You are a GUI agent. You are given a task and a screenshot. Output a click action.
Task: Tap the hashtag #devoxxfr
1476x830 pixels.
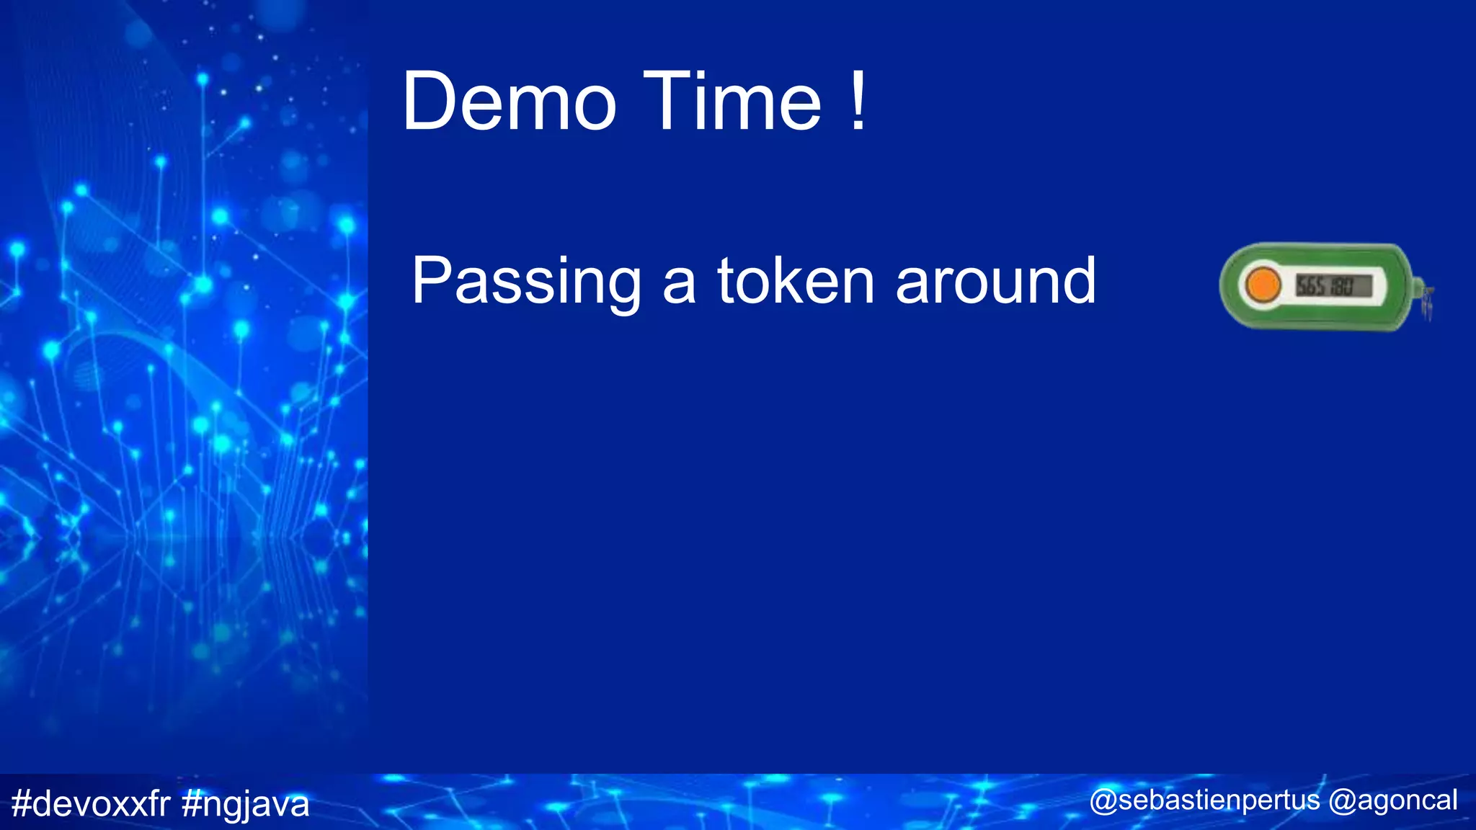coord(91,803)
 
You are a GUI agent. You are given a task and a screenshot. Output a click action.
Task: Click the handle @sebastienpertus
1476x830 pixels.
coord(1205,801)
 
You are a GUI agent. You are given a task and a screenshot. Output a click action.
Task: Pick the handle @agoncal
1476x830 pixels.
coord(1393,801)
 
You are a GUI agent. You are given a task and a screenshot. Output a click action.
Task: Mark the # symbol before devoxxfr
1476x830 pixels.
coord(22,803)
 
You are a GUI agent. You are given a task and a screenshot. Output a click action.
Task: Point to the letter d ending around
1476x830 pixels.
coord(1077,281)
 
